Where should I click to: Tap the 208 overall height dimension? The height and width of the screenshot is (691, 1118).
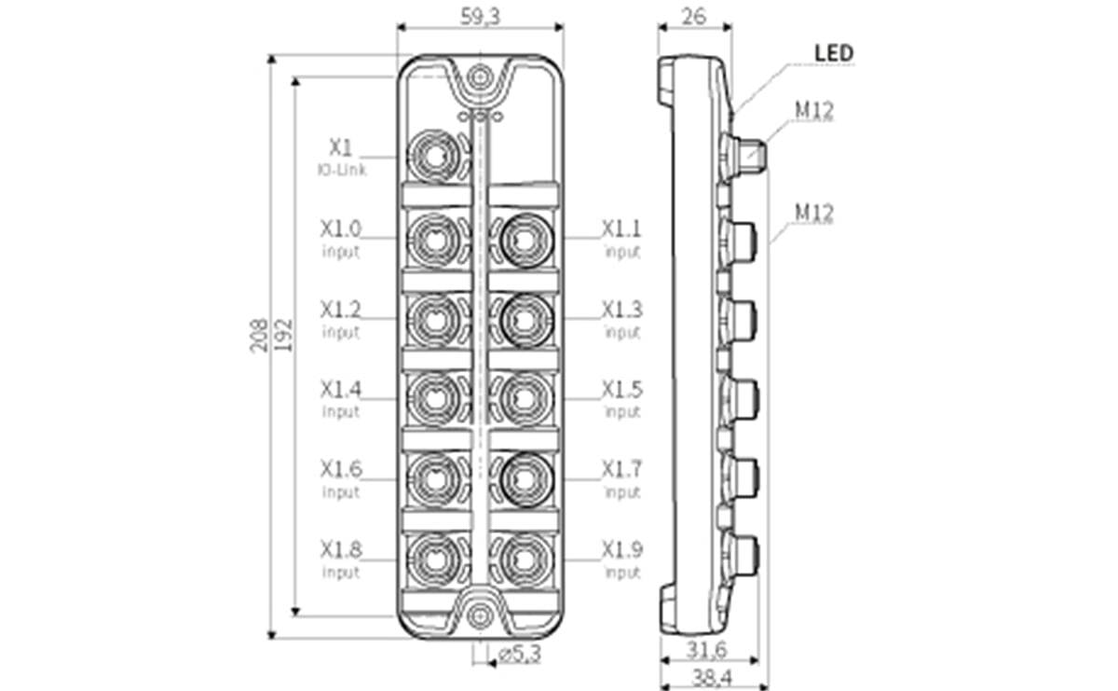tap(259, 335)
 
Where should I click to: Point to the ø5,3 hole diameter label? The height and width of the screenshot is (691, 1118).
tap(519, 656)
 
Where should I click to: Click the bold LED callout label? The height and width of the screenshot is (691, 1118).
tap(834, 53)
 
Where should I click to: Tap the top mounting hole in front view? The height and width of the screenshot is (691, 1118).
tap(480, 76)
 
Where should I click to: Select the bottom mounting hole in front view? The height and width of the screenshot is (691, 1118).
tap(480, 615)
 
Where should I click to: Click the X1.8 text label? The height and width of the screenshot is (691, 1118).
tap(341, 548)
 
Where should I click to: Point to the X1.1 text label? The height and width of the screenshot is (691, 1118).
tap(621, 228)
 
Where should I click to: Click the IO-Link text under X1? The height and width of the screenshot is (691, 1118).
tap(341, 170)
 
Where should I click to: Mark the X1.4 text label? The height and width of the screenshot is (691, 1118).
tap(341, 389)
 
